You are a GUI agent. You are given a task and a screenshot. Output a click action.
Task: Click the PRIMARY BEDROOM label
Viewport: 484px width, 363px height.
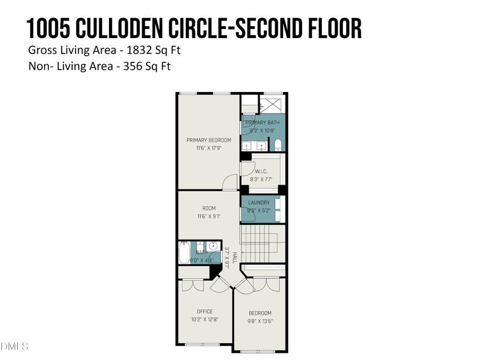(208, 140)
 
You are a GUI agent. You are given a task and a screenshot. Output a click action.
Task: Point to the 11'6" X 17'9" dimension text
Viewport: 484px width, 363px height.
(208, 148)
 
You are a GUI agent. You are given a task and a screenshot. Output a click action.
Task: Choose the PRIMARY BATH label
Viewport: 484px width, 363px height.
(263, 123)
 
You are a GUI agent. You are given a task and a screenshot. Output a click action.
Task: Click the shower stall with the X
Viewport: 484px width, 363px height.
(273, 103)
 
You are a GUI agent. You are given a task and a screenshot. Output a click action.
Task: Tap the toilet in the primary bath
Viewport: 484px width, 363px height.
(278, 145)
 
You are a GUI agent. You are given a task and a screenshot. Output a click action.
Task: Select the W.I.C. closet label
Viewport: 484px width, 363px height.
(261, 171)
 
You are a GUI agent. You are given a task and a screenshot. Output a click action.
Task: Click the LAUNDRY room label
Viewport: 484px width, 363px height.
(259, 203)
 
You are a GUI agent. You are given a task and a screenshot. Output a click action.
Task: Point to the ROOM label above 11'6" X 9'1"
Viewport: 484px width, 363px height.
(209, 209)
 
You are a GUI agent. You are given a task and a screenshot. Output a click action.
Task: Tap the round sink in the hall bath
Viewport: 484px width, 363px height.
(213, 246)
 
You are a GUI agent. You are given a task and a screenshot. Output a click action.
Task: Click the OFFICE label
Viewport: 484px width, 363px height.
(204, 312)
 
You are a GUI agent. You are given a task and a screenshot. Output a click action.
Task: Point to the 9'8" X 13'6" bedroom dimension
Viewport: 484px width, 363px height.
(260, 321)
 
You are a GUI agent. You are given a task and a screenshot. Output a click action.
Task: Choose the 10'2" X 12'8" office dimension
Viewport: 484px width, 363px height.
(204, 319)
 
